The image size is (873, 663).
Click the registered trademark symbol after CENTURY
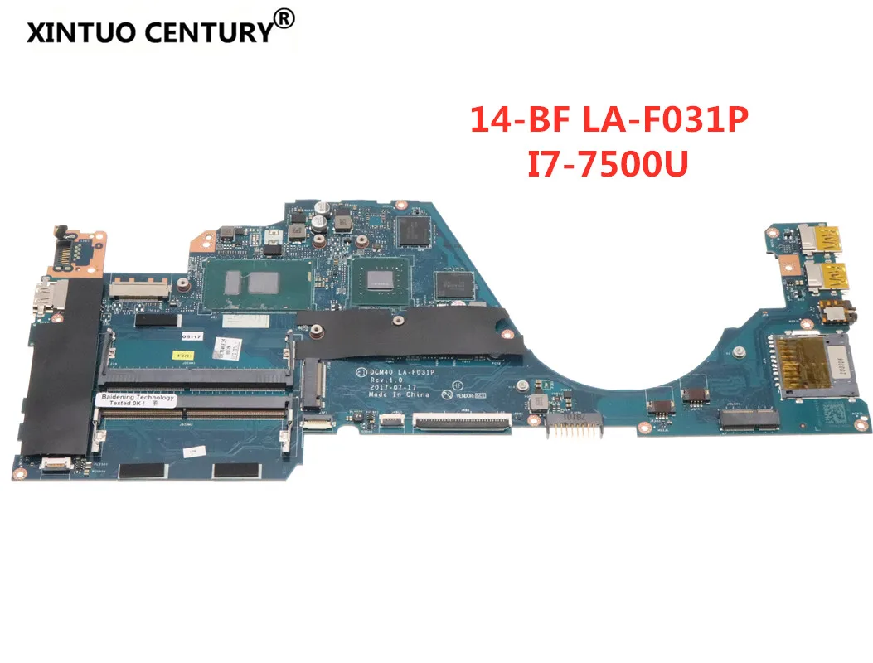(x=284, y=17)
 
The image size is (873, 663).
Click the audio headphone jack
(x=826, y=313)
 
